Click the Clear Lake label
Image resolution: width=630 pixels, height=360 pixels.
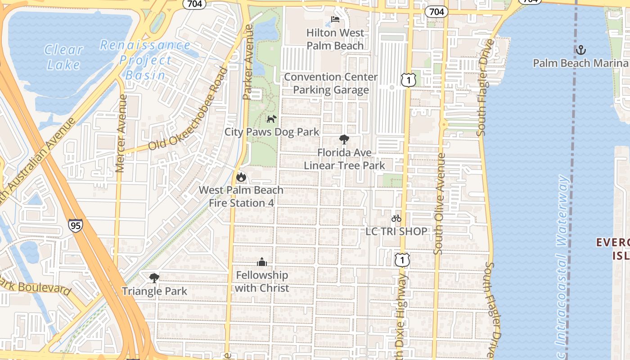point(63,57)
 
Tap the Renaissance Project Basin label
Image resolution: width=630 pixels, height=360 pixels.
point(145,60)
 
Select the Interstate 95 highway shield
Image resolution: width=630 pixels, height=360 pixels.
point(76,225)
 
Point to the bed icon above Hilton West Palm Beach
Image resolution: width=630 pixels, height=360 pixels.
point(335,19)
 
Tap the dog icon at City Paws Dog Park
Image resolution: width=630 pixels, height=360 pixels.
point(271,119)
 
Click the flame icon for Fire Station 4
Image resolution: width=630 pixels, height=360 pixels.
point(241,177)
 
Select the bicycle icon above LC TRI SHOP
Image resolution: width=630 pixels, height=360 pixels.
point(396,218)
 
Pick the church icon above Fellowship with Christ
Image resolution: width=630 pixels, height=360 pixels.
point(262,262)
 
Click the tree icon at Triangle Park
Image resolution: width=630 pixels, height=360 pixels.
point(154,278)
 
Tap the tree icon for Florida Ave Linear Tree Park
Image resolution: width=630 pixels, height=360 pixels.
point(344,139)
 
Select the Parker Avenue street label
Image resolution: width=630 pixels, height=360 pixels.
point(248,62)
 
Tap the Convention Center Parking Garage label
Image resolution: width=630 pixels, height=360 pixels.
point(331,83)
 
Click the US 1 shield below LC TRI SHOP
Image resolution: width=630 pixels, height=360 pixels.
point(402,260)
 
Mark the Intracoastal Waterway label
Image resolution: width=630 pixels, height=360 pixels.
point(562,261)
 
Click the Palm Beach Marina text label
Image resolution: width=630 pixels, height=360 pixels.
point(580,63)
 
